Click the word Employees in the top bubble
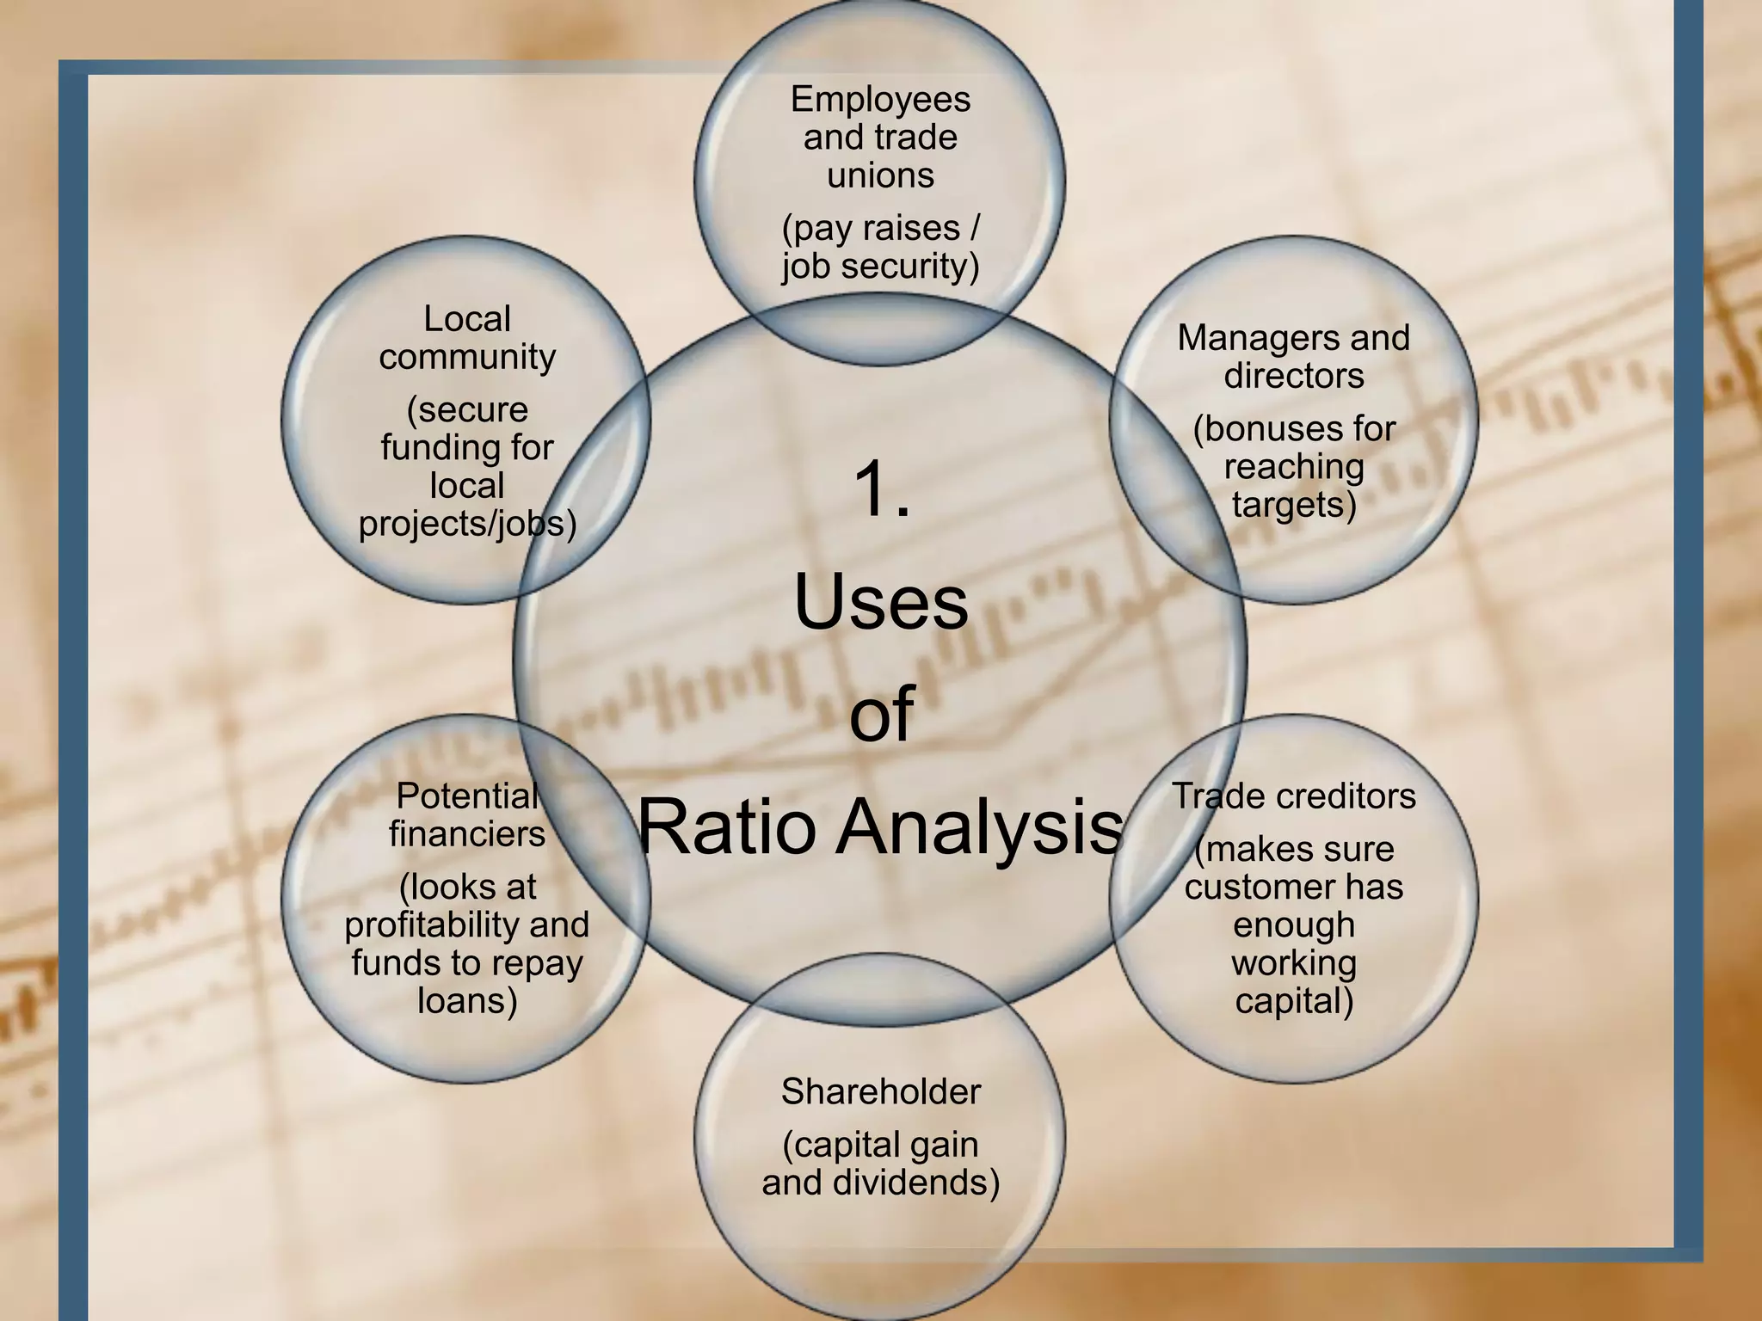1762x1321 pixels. [x=880, y=101]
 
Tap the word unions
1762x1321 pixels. [x=880, y=175]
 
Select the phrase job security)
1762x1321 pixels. [x=880, y=266]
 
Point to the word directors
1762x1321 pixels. [x=1294, y=376]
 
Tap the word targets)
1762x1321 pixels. [x=1294, y=505]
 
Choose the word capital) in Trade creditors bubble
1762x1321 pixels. [x=1294, y=1001]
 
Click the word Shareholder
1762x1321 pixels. [x=880, y=1092]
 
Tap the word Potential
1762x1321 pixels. [x=467, y=796]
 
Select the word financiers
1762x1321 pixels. [x=467, y=834]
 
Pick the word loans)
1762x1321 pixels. [x=467, y=1001]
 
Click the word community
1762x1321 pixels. [x=467, y=357]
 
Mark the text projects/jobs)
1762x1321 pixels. [x=467, y=524]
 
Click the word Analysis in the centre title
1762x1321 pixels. [x=980, y=827]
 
